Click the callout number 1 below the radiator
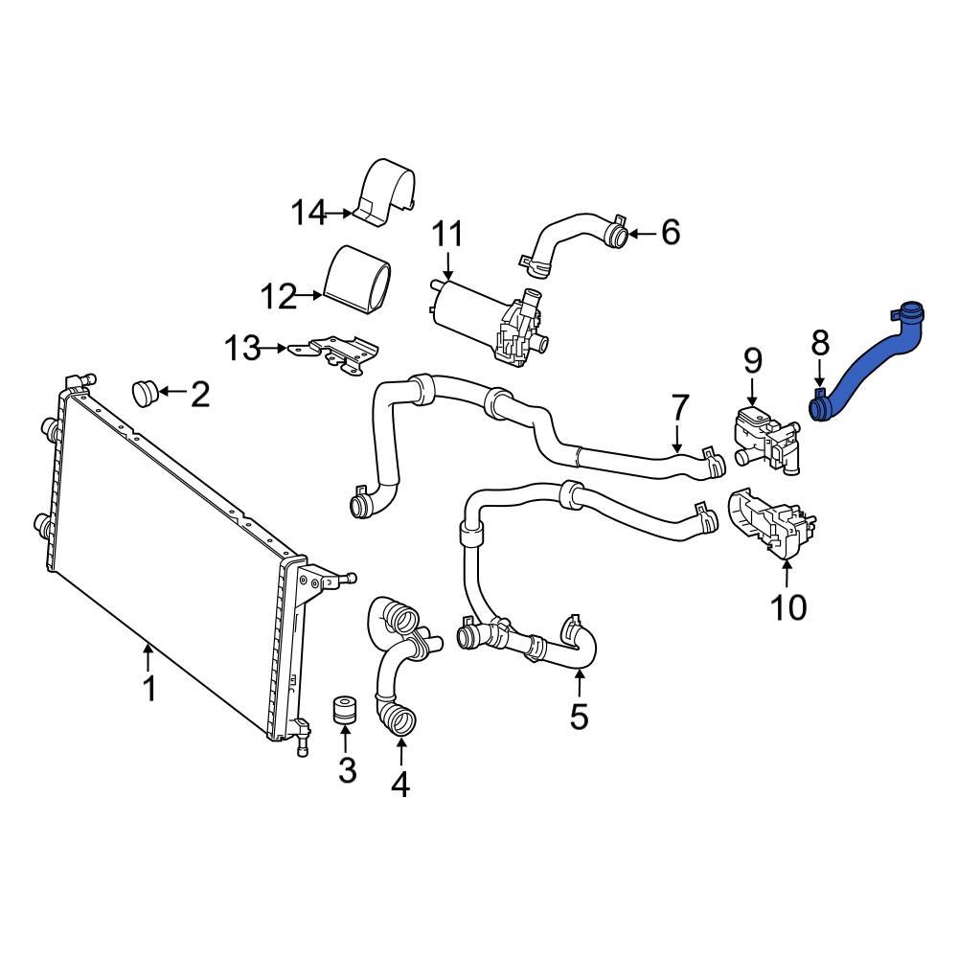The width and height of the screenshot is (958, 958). (148, 688)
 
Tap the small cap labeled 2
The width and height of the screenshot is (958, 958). (147, 391)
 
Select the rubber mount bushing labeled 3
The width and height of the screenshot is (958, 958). (345, 713)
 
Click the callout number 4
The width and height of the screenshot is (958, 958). (399, 784)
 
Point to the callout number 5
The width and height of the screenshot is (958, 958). (579, 715)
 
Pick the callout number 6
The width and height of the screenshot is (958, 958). (670, 232)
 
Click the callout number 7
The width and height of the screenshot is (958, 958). (679, 408)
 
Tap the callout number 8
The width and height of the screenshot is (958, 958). (820, 341)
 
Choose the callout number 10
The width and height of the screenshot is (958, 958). (789, 606)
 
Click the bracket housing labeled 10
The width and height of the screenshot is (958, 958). (771, 525)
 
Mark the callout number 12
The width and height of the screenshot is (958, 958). (280, 297)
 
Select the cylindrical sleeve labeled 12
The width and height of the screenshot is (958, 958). (360, 278)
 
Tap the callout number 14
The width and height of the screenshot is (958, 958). (309, 213)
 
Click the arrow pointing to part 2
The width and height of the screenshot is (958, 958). (174, 392)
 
